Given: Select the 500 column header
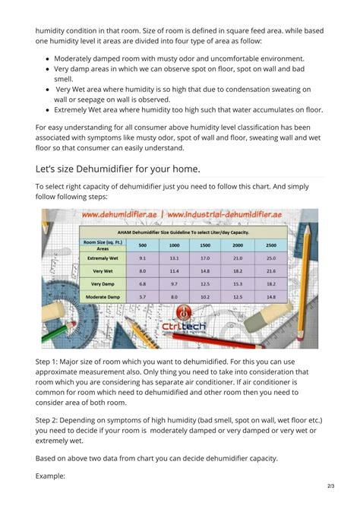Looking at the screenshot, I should click(143, 245).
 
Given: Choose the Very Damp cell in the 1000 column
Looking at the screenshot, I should click(174, 283).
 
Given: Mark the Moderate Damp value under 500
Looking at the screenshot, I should click(143, 296).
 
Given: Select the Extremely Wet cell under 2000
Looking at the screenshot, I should click(237, 258).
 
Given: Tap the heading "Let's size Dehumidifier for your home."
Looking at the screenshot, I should click(118, 168).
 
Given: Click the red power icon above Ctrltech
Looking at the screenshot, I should click(182, 313).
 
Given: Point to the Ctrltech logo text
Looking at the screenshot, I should click(182, 328).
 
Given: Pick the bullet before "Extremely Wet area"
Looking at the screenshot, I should click(48, 109).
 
